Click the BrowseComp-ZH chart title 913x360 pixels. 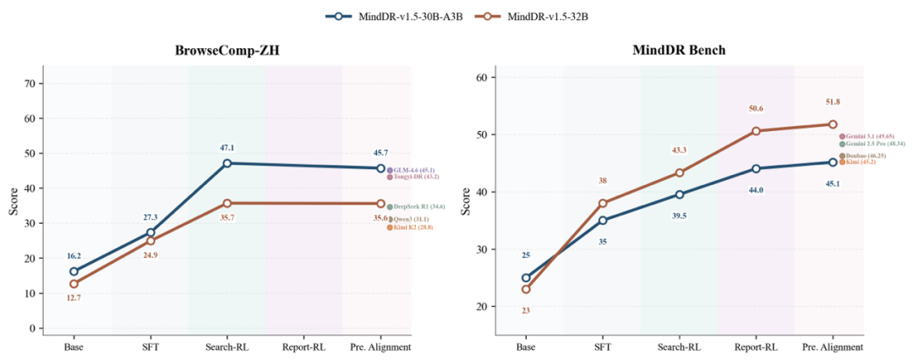pyautogui.click(x=227, y=50)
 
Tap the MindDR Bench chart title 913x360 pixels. pyautogui.click(x=679, y=50)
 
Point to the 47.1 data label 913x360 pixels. pyautogui.click(x=227, y=147)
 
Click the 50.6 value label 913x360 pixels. pyautogui.click(x=756, y=108)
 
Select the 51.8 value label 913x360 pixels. pyautogui.click(x=832, y=102)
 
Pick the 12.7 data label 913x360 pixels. pyautogui.click(x=74, y=297)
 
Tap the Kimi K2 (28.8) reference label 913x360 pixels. pyautogui.click(x=412, y=227)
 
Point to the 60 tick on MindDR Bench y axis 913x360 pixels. pyautogui.click(x=482, y=77)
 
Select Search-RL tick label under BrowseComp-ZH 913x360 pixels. pyautogui.click(x=227, y=346)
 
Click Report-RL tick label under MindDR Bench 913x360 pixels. pyautogui.click(x=756, y=346)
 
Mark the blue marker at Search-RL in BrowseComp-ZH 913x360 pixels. pyautogui.click(x=227, y=163)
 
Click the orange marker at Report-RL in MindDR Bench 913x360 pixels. pyautogui.click(x=756, y=131)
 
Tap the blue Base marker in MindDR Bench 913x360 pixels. pyautogui.click(x=526, y=277)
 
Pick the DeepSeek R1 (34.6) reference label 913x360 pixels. pyautogui.click(x=414, y=206)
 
